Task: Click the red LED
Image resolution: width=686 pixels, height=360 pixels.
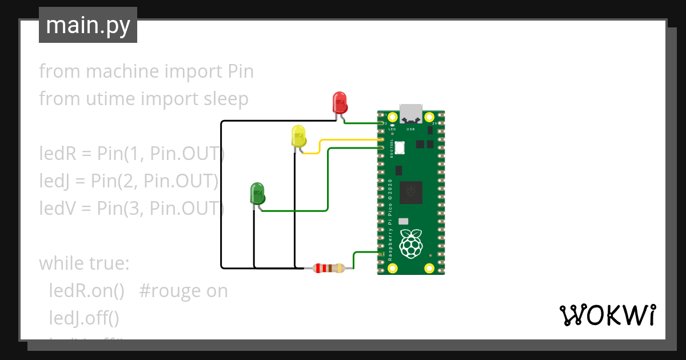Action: (340, 103)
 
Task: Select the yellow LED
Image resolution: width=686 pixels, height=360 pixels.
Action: (298, 136)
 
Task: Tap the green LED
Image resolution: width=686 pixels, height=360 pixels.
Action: (257, 194)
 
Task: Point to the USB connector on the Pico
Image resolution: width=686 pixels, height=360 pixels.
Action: (411, 113)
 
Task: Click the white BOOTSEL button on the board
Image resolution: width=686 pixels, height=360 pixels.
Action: (399, 147)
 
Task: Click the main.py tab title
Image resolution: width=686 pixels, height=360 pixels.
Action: (88, 25)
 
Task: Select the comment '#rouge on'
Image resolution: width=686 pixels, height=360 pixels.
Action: (183, 291)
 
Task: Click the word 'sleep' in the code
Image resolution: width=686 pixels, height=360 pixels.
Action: (226, 99)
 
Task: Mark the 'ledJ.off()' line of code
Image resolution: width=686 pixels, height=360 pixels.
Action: (86, 318)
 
